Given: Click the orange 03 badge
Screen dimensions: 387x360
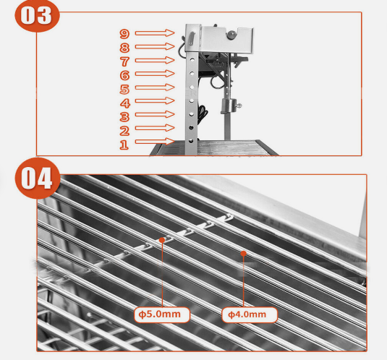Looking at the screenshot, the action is (37, 15).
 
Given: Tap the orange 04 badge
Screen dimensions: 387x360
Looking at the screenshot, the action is (38, 178).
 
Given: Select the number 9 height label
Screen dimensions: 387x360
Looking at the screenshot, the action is (124, 34).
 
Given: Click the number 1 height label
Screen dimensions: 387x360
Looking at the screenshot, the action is (124, 145).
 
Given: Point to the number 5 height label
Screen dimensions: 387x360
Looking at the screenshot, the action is (124, 89).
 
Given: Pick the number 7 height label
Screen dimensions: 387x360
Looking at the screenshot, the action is (124, 61).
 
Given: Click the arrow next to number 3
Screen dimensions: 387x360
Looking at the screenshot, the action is (155, 114).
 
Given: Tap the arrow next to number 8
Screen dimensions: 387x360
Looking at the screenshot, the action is (155, 46).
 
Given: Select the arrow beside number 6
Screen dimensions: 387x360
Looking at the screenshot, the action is (155, 74).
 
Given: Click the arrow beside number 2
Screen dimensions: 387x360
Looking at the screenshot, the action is (155, 128).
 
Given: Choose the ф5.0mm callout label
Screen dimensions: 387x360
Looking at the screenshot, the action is (162, 314).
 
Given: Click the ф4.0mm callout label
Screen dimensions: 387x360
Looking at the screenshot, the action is (250, 314).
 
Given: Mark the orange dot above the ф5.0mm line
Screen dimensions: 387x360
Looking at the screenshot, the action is (162, 240).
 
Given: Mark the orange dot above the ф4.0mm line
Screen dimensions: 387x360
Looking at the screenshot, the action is (244, 253).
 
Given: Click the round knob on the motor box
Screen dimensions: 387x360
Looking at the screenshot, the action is (231, 35).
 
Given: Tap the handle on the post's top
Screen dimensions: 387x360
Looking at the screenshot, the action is (192, 38).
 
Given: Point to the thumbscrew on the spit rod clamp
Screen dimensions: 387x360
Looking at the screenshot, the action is (239, 106).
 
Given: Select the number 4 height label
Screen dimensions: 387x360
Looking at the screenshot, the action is (125, 103).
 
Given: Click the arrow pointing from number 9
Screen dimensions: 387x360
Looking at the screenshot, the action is (155, 33).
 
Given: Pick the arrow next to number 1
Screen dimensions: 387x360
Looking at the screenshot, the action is (155, 141).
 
